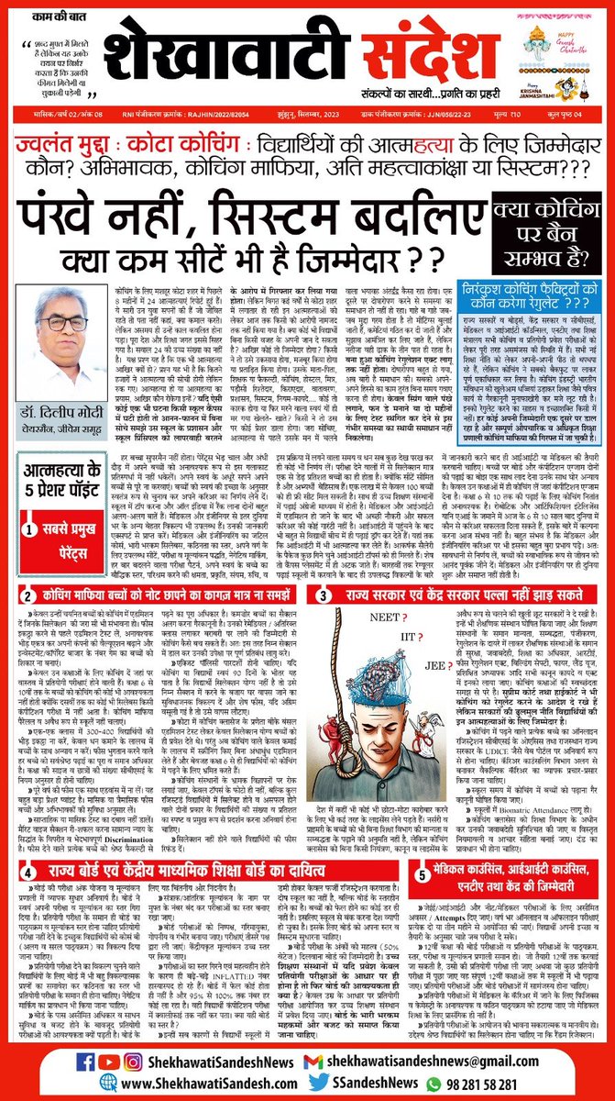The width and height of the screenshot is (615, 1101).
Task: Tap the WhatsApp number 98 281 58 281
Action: click(511, 1079)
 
